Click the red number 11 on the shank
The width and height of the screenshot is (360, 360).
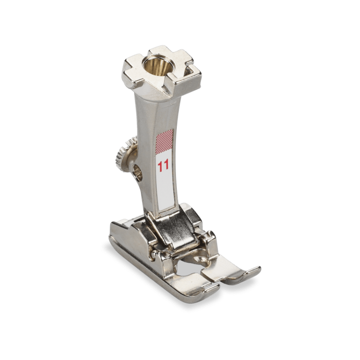click(163, 165)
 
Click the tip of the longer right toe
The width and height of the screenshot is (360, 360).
click(258, 269)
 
